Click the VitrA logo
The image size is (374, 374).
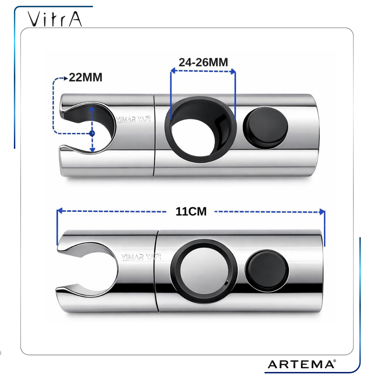(x=55, y=19)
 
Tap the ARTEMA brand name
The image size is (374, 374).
(x=301, y=364)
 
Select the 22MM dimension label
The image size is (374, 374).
(x=85, y=77)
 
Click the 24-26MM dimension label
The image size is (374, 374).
(x=203, y=62)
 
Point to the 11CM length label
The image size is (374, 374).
(x=191, y=211)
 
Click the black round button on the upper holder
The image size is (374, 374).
(x=265, y=128)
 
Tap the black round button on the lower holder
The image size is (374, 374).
(x=267, y=270)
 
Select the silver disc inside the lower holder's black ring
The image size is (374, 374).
(x=203, y=271)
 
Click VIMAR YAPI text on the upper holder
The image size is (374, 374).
(x=133, y=119)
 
